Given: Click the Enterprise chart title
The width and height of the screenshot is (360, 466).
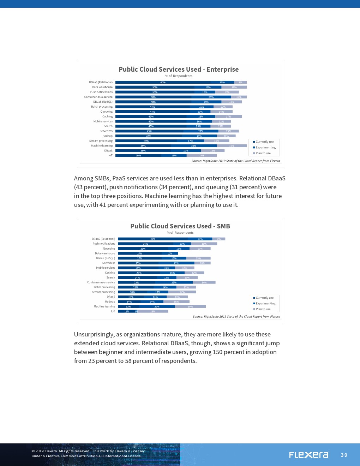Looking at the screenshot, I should point(179,69).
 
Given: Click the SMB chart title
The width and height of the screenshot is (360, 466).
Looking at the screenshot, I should point(180,226).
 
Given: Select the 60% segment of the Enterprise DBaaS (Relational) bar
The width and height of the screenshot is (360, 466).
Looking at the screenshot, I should point(163,82).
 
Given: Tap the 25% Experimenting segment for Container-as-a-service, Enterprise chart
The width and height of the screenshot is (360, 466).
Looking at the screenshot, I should point(211,97).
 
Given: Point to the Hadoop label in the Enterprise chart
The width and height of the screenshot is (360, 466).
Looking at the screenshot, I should point(107,136).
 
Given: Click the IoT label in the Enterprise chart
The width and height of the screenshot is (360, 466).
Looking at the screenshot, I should point(110,155).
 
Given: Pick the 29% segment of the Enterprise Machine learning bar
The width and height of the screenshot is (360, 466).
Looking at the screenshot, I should point(194,146).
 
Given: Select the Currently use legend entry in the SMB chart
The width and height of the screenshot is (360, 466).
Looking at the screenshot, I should point(264,298).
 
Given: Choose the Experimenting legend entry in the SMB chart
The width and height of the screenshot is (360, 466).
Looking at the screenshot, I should point(265,303).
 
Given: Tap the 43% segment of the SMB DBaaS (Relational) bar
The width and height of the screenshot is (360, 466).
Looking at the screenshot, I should point(153,239).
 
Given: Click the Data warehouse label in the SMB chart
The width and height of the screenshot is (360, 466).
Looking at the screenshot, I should point(105,253).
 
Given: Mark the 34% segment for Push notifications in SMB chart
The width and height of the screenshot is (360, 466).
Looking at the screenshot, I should point(145,244).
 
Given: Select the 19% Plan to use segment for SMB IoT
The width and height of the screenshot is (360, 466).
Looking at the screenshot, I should point(153,311).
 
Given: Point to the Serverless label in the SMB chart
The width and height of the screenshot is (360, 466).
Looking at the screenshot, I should point(108,263).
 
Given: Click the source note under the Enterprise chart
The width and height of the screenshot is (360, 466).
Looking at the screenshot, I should point(236,161).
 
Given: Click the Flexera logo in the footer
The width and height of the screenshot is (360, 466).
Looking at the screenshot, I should point(309,455).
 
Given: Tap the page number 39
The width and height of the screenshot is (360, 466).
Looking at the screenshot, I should point(344,455).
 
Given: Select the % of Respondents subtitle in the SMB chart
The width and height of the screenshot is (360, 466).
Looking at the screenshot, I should point(180,233).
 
